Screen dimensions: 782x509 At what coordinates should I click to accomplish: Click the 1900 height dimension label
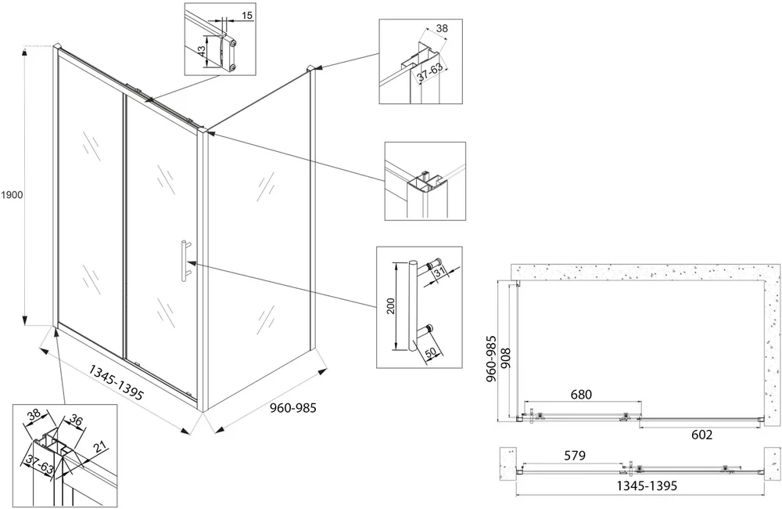12,195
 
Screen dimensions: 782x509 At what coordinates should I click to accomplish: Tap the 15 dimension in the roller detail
247,16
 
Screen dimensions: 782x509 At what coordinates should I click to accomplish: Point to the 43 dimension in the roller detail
201,50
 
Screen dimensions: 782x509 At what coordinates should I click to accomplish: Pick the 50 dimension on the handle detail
430,352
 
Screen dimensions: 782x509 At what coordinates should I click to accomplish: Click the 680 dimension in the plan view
581,395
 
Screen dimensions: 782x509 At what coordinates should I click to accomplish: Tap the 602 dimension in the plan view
702,435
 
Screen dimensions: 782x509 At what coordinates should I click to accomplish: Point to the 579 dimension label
575,456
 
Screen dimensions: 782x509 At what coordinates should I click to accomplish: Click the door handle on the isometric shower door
185,258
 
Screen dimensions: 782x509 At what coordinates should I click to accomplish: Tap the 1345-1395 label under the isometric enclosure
117,382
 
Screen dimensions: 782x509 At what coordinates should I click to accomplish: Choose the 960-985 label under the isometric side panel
293,408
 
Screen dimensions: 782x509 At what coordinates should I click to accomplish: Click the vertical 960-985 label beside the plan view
492,359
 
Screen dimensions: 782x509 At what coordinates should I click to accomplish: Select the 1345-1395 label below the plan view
647,485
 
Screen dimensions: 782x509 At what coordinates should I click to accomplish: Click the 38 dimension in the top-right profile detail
443,28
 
